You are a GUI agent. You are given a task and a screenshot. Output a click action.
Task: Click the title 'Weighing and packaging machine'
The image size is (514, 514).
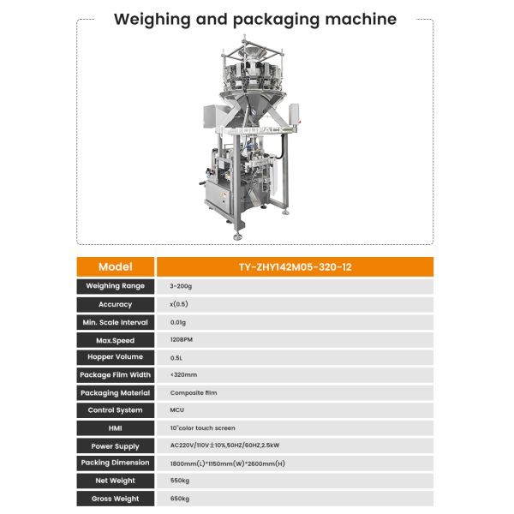256,19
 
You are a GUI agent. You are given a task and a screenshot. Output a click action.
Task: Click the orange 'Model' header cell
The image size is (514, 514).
116,266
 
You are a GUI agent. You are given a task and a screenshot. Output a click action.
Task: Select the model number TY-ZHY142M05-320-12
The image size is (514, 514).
296,266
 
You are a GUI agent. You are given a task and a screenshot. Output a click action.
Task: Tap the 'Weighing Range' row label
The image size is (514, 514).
116,286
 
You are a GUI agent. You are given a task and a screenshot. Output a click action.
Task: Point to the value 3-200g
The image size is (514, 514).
182,286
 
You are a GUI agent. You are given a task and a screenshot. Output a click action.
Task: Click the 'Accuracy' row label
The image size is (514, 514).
116,304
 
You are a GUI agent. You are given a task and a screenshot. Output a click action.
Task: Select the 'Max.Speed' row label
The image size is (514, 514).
116,340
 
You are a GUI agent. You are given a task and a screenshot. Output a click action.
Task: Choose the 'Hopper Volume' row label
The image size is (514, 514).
116,357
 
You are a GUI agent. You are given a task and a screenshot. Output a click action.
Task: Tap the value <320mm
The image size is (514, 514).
184,374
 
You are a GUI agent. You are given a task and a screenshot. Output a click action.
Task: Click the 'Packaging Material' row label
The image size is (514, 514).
116,392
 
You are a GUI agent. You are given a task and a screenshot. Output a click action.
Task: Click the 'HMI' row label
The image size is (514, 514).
116,427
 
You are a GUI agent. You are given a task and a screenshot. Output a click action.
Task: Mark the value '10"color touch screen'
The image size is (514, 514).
203,427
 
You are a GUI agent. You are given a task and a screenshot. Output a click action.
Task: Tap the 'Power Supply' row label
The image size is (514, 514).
116,445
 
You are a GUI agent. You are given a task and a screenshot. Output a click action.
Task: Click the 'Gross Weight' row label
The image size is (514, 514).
116,498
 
